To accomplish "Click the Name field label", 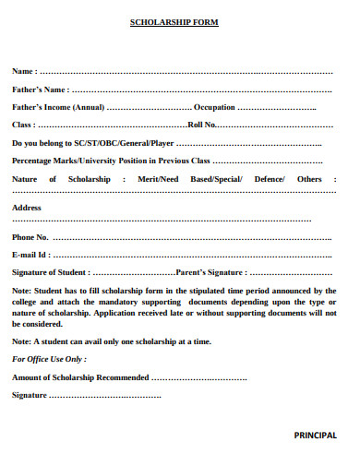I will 24,71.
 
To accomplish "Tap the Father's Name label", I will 40,90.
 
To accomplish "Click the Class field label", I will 22,125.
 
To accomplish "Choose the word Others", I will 310,178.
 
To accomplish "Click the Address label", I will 27,208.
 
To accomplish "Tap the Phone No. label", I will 30,237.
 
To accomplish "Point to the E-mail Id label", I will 30,255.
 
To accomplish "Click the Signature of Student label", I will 50,272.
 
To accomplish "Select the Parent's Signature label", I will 210,272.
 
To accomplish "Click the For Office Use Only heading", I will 49,359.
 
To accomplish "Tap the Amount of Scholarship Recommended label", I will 79,377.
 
